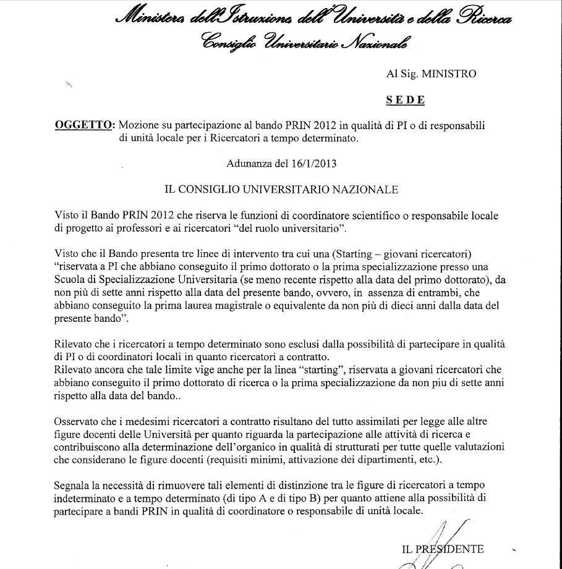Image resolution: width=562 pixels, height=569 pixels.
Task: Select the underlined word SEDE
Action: point(405,99)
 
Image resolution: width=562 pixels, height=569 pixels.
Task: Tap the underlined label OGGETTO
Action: point(84,125)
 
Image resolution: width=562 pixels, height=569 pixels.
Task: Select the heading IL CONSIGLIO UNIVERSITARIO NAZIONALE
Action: point(281,190)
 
